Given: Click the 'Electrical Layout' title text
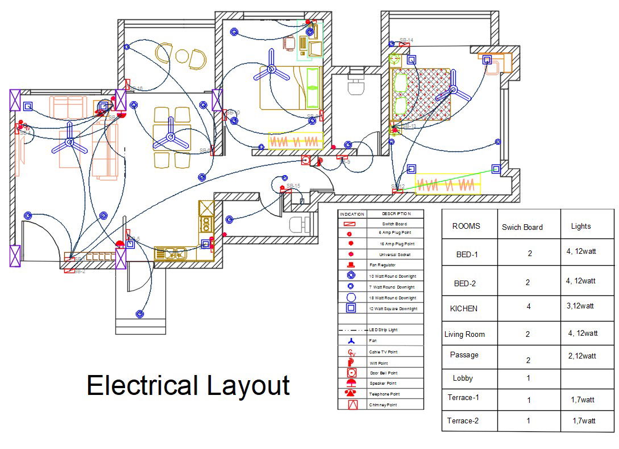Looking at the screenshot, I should click(188, 386).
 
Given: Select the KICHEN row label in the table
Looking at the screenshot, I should click(464, 308).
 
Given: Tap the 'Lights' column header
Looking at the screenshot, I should click(580, 226).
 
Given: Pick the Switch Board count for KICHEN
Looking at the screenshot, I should click(528, 307).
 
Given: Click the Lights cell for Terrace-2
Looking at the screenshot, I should click(584, 421).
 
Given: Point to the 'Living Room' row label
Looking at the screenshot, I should click(464, 334).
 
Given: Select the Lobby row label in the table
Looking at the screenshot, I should click(463, 378).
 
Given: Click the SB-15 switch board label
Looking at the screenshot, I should click(293, 186).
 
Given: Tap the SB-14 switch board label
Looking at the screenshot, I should click(406, 40).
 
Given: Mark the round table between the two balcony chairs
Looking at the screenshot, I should click(182, 56).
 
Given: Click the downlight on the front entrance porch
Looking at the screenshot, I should click(140, 313).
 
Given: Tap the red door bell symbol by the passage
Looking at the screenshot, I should click(306, 160).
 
